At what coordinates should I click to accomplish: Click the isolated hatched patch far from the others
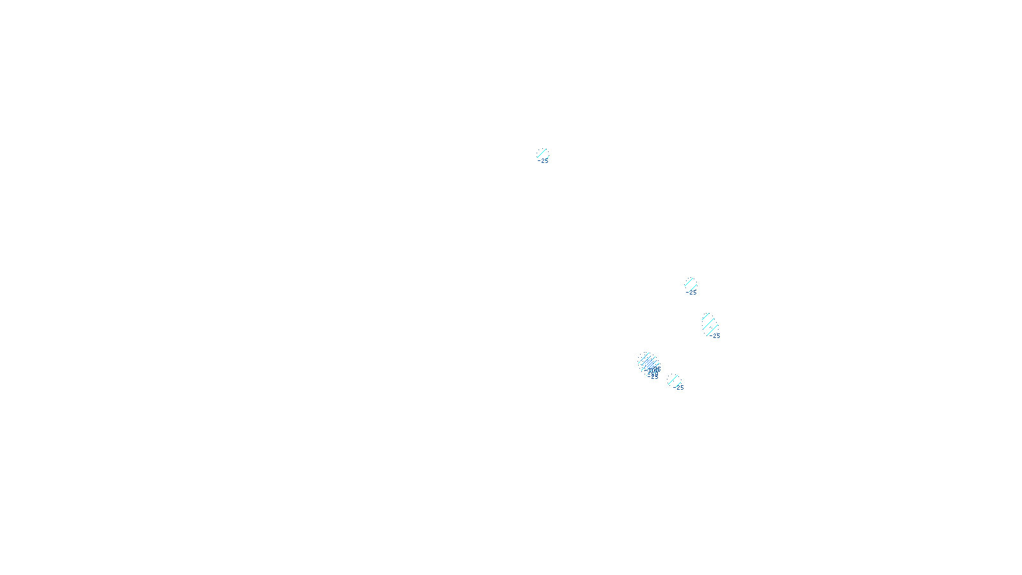click(x=542, y=154)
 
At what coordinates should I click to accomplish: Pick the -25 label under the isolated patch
click(x=544, y=161)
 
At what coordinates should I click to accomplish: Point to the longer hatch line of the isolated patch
click(x=542, y=153)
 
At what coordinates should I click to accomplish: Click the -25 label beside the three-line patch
click(x=716, y=336)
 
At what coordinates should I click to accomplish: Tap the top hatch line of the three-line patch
click(x=706, y=317)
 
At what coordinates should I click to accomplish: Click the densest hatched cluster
click(x=648, y=363)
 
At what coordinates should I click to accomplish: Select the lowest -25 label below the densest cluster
click(x=653, y=377)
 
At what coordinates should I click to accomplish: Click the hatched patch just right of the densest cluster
click(x=674, y=381)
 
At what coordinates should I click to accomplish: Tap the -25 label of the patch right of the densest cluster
click(x=680, y=388)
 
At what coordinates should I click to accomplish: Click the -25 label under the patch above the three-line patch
click(x=692, y=293)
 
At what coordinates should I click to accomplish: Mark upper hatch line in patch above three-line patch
click(x=689, y=281)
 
